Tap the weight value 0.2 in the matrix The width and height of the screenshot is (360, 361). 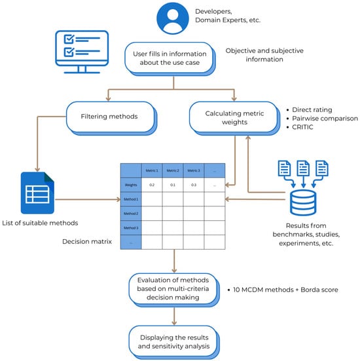pyautogui.click(x=151, y=185)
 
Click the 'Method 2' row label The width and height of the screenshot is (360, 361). pyautogui.click(x=131, y=214)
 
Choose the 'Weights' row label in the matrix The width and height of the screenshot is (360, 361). pyautogui.click(x=131, y=185)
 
